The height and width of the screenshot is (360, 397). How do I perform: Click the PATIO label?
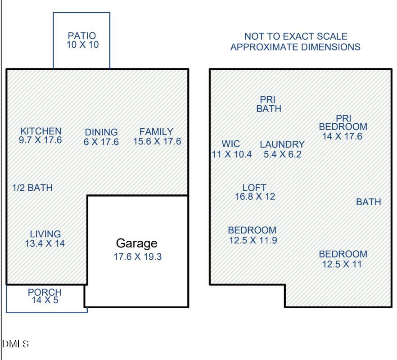82,36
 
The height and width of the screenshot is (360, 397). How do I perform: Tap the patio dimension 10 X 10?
82,45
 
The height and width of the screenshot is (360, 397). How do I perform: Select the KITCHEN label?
41,131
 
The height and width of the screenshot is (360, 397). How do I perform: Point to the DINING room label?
101,132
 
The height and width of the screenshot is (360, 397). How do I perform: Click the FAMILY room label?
156,132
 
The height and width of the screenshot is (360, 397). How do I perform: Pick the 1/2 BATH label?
32,188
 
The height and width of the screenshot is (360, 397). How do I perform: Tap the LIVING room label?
45,234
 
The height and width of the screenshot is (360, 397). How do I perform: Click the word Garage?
137,243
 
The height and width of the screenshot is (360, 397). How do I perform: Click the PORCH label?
45,292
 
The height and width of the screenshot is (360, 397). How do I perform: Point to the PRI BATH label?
269,104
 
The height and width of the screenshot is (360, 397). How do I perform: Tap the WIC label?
231,144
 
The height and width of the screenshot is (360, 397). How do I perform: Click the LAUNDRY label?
282,144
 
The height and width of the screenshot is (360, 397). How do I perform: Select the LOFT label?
254,188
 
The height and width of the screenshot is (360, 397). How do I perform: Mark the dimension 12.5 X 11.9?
253,240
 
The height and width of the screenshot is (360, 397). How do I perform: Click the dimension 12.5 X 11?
342,264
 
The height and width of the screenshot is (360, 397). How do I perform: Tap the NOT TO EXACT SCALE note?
296,36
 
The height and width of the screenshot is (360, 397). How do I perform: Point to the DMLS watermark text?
15,344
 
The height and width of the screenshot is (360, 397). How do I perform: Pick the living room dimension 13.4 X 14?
45,243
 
